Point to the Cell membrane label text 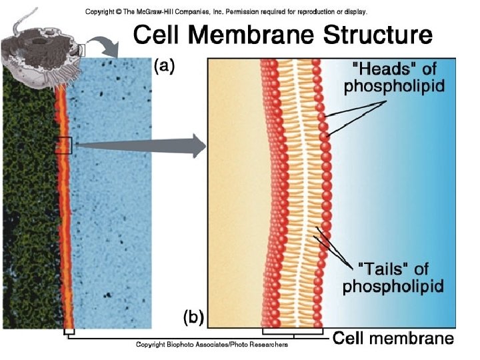(x=393, y=338)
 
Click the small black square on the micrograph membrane (x=64, y=145)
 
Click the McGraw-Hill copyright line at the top (x=226, y=11)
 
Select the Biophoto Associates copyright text (x=212, y=345)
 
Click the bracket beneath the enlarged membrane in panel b (x=293, y=331)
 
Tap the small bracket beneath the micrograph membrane (x=69, y=331)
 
